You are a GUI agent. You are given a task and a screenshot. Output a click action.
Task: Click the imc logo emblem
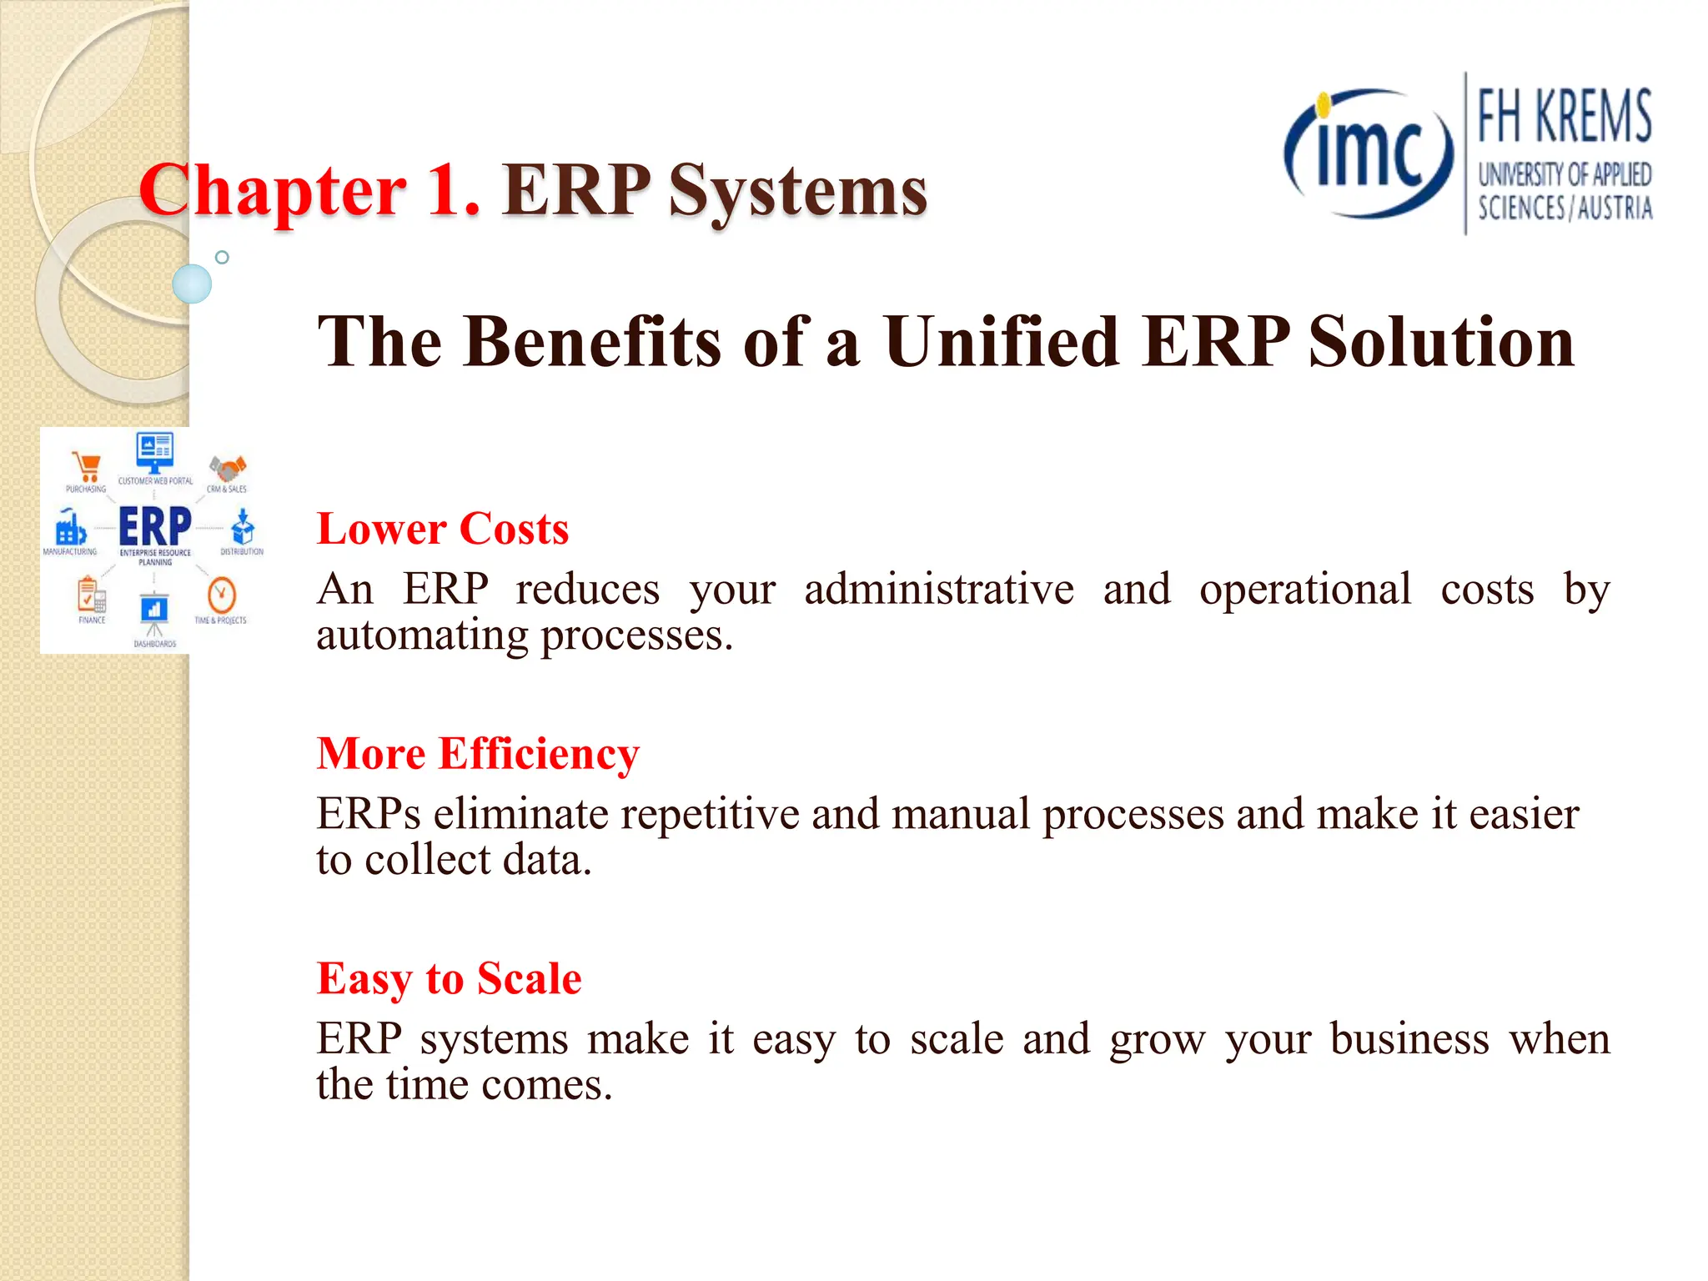(1368, 153)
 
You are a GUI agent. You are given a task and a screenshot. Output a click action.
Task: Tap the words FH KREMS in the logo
(1564, 117)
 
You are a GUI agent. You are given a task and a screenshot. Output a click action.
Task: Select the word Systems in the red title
(797, 190)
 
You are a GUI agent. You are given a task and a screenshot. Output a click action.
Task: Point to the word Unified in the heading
(1001, 342)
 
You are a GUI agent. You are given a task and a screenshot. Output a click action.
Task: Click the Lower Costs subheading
(443, 529)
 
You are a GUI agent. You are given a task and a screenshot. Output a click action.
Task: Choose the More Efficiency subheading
(478, 753)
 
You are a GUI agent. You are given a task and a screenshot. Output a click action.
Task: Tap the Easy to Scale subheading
(449, 978)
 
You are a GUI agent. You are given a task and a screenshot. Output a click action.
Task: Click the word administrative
(938, 590)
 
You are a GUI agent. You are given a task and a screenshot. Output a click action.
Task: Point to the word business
(1409, 1039)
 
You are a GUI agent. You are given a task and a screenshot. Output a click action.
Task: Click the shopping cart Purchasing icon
(87, 466)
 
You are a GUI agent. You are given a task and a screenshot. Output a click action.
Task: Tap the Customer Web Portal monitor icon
(154, 452)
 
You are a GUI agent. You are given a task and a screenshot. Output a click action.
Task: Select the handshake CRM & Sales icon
(227, 467)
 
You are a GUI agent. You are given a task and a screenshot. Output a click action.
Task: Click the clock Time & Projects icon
(221, 595)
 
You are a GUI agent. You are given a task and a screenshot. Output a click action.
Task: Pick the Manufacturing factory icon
(70, 528)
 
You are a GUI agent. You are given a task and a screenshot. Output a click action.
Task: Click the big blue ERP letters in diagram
(155, 526)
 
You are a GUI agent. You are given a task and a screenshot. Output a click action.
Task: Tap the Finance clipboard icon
(91, 595)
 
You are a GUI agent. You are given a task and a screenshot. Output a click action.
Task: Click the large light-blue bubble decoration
(192, 284)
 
